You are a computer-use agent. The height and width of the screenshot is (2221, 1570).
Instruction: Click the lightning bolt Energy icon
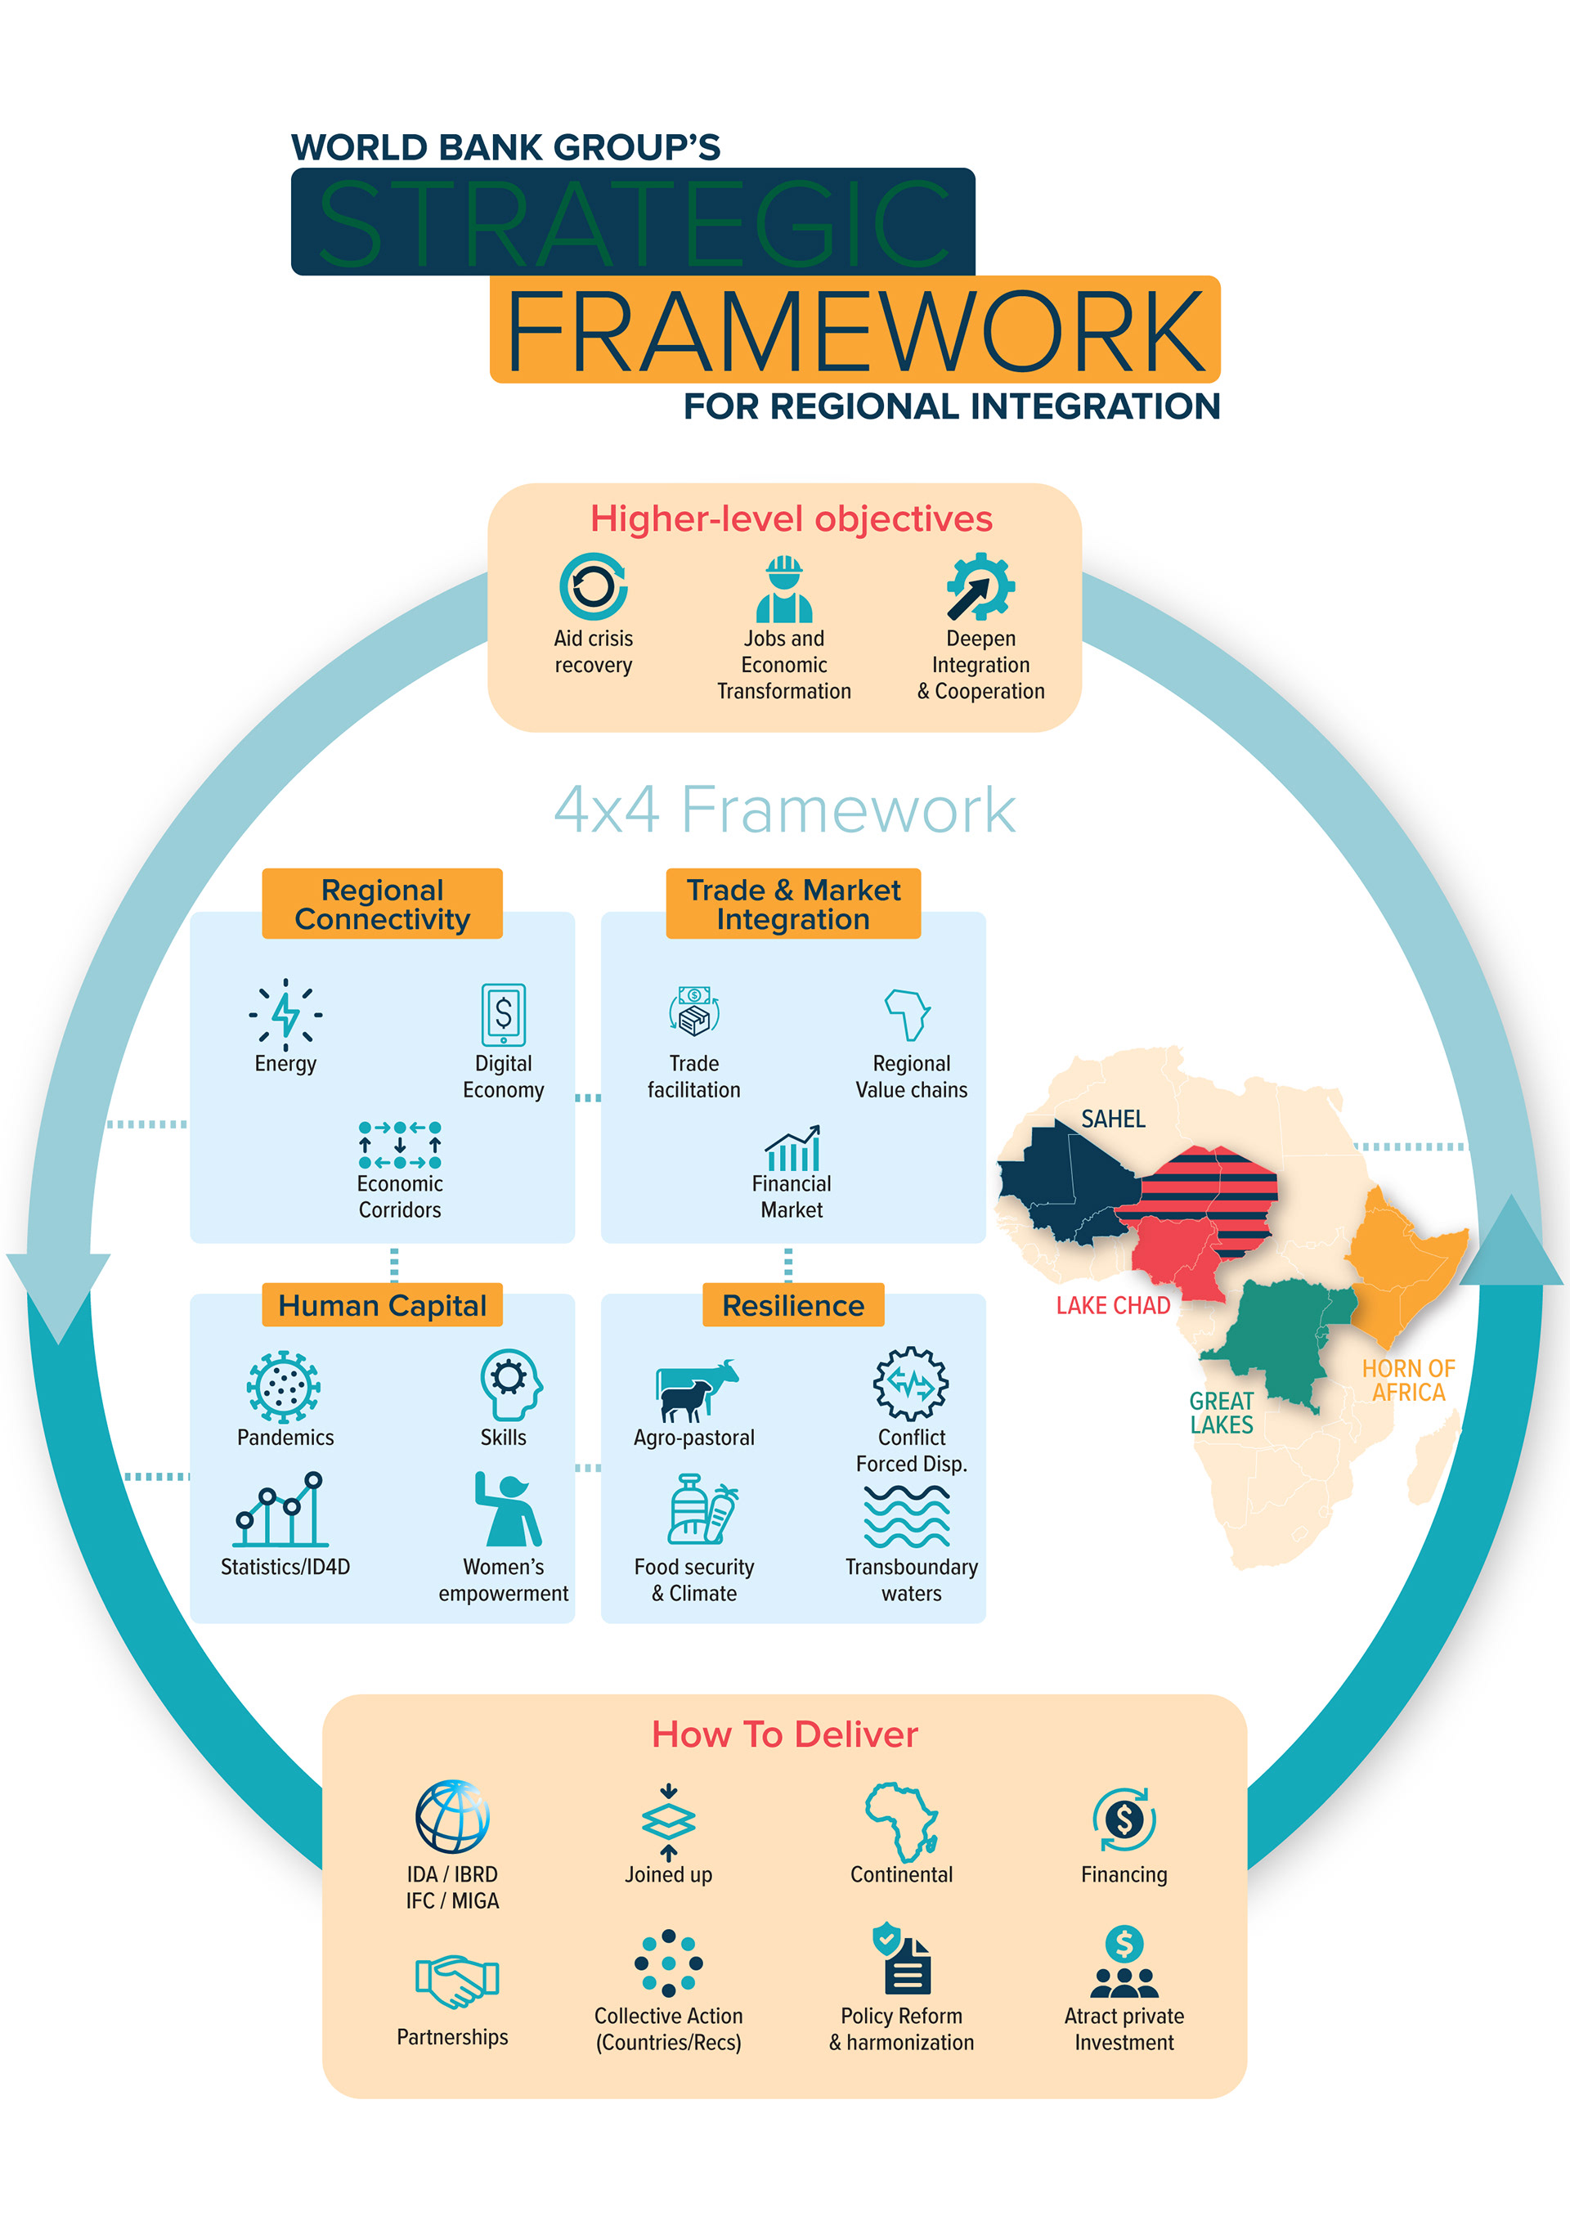tap(285, 1014)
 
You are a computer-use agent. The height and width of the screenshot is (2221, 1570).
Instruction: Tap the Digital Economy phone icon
tap(503, 1015)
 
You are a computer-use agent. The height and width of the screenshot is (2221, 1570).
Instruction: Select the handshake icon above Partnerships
tap(455, 1979)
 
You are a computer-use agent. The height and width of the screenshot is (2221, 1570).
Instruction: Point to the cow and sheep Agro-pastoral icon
tap(696, 1389)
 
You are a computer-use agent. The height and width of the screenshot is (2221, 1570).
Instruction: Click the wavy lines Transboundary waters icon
tap(906, 1516)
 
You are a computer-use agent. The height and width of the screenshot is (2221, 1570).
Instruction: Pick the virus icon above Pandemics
tap(284, 1386)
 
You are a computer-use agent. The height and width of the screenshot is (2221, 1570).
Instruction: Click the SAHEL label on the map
tap(1112, 1119)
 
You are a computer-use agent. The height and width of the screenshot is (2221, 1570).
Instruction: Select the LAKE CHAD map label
tap(1112, 1305)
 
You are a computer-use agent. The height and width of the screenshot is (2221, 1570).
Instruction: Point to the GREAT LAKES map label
tap(1221, 1412)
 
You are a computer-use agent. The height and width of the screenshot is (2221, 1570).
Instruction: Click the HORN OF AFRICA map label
tap(1407, 1380)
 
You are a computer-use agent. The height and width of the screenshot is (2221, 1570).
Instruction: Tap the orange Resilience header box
tap(792, 1305)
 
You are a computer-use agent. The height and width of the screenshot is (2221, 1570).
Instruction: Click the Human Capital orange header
tap(382, 1305)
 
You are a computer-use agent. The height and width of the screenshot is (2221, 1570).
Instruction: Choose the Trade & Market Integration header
tap(792, 904)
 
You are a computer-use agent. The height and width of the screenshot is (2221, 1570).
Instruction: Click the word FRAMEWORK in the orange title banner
tap(855, 331)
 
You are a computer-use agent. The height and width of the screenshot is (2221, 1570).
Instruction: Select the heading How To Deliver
tap(784, 1734)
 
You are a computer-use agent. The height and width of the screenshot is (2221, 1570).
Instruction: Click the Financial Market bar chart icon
tap(792, 1148)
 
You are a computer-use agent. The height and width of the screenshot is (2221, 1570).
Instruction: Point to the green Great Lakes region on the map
tap(1277, 1335)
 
